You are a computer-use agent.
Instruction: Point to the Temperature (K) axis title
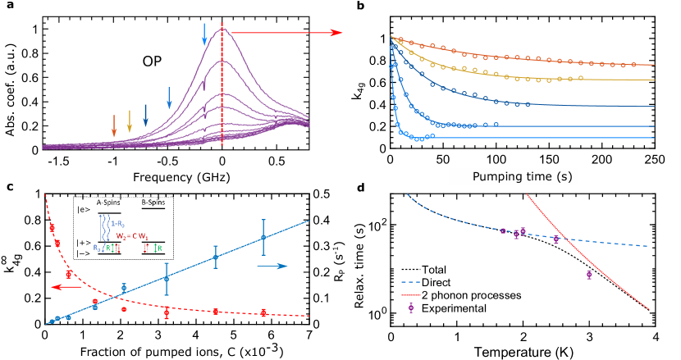[523, 350]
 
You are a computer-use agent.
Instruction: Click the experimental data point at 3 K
[589, 275]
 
